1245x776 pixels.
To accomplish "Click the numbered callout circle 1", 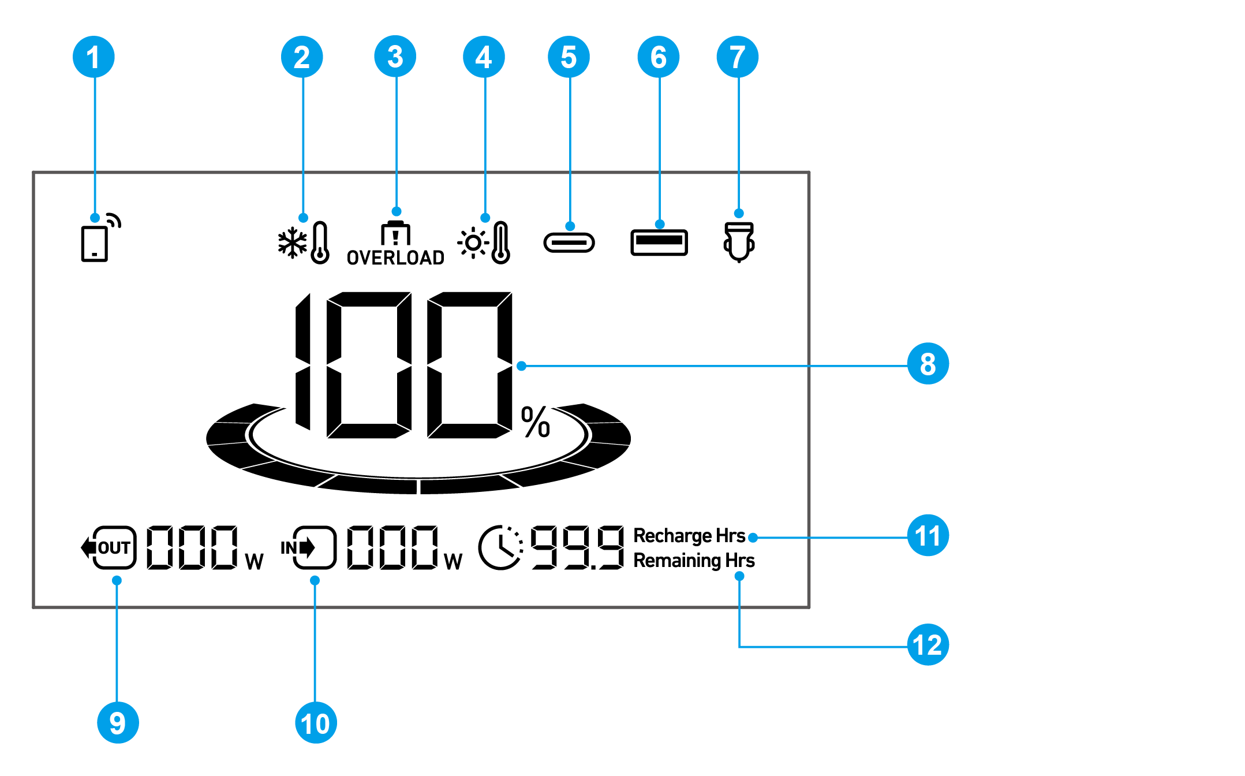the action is (94, 57).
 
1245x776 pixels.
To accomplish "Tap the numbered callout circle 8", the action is (928, 364).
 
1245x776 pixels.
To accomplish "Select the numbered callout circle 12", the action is (928, 645).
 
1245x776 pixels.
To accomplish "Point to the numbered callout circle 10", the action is (316, 723).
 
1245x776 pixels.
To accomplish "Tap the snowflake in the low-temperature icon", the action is (293, 243).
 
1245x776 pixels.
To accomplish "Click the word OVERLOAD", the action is (395, 258).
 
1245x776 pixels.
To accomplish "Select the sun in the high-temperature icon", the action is (473, 243).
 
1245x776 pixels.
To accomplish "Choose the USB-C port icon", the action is (569, 242).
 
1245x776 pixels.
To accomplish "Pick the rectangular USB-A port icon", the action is (659, 242).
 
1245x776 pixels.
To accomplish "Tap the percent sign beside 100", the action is (536, 421).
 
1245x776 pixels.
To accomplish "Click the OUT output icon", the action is (109, 547).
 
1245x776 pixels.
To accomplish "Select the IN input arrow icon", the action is (308, 547).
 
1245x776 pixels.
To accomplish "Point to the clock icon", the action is (500, 547).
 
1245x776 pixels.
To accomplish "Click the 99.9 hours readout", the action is (577, 547).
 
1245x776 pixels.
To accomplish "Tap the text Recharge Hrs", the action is (689, 536).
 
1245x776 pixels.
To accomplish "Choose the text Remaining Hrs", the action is (694, 560).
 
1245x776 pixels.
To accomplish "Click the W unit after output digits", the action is (254, 561).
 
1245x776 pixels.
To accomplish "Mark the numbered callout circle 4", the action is (484, 57).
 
